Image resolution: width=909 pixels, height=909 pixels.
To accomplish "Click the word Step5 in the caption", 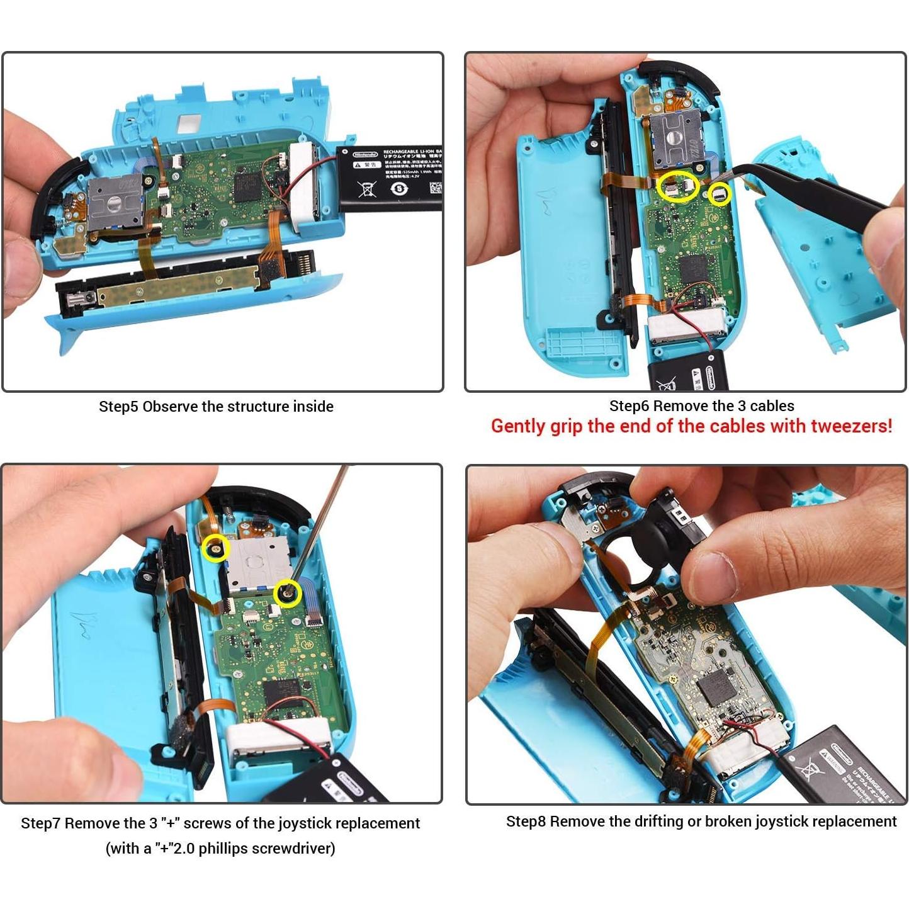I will (118, 407).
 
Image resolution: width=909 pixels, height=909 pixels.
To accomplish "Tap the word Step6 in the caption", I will (630, 406).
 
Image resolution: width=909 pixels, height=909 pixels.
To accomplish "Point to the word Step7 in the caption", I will (41, 823).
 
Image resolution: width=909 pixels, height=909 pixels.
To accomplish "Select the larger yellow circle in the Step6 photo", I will (678, 186).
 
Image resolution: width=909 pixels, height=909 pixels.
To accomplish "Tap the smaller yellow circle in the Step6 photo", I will (720, 194).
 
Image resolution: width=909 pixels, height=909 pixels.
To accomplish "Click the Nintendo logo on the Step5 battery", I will (364, 154).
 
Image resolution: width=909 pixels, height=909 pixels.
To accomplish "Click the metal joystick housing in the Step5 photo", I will (115, 203).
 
